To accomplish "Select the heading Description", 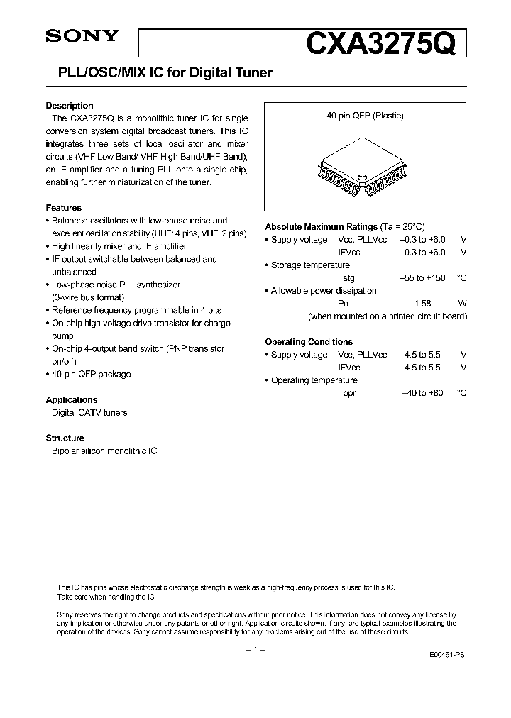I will click(70, 106).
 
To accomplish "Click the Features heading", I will click(63, 208).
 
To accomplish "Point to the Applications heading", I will click(72, 399).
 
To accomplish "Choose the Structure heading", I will click(65, 438).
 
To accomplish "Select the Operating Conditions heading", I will click(309, 341).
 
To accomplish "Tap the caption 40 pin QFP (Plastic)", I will click(365, 116).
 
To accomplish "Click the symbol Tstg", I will click(346, 277).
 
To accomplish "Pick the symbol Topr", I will click(346, 392).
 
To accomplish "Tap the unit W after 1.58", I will click(463, 303).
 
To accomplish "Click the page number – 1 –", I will click(255, 651).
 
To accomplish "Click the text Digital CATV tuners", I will click(89, 412).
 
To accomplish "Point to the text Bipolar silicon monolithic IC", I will click(104, 451).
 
